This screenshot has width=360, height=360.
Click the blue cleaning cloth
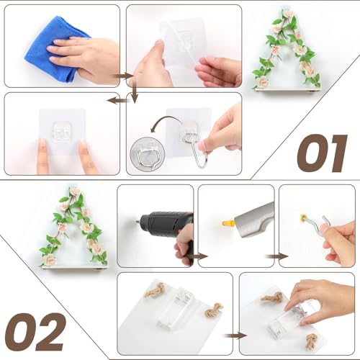48,48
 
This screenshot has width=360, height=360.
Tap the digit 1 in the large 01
336,153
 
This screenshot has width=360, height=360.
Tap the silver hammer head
254,219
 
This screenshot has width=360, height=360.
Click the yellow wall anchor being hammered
228,224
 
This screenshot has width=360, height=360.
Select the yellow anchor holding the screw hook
303,218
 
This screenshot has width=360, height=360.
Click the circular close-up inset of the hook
147,154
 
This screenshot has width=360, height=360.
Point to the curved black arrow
166,118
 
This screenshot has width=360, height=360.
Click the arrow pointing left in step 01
117,100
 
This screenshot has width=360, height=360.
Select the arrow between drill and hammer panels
197,256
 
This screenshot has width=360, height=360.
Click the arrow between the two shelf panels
235,336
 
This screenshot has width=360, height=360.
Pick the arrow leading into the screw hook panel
276,256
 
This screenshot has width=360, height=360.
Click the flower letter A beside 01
287,49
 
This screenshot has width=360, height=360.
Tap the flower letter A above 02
73,228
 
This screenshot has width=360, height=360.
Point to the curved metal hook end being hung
201,161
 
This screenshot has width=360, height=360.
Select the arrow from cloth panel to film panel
123,76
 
